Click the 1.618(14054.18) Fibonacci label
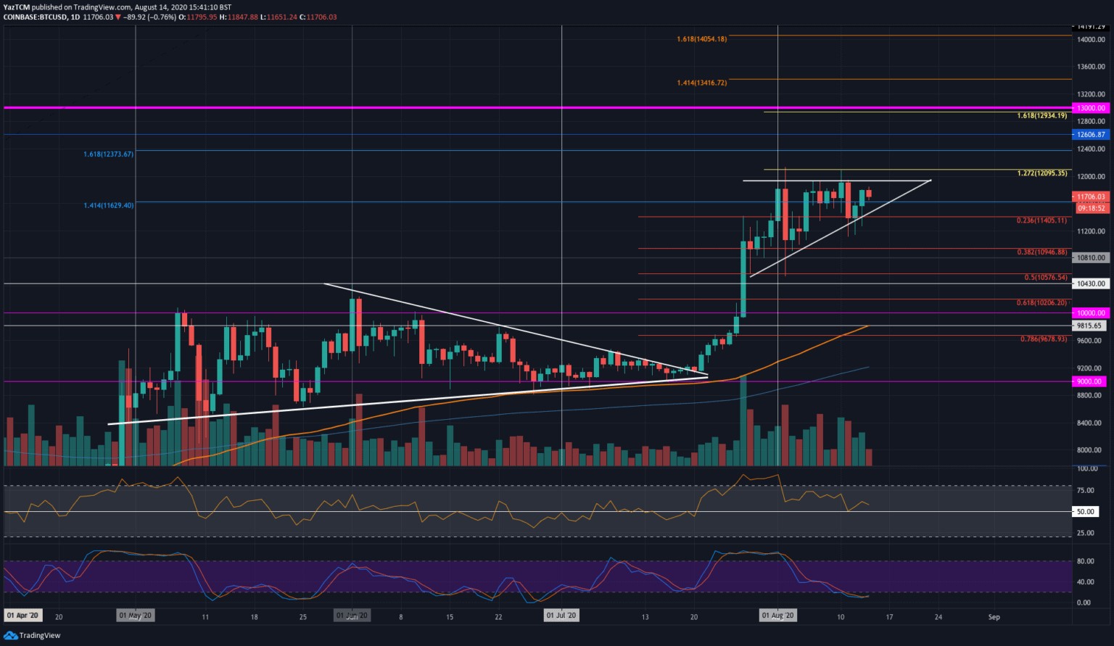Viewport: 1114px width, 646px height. point(701,39)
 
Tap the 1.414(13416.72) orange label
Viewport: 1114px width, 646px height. point(701,83)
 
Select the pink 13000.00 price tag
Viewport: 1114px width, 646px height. point(1091,108)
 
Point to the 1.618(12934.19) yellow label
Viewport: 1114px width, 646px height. point(1041,116)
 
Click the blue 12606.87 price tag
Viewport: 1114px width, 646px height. point(1091,135)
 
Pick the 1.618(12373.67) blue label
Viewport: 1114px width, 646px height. point(108,154)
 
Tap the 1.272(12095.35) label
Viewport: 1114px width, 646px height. point(1042,174)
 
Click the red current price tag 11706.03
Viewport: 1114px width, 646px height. point(1091,196)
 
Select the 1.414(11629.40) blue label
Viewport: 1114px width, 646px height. point(108,206)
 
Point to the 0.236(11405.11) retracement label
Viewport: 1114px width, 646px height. point(1041,220)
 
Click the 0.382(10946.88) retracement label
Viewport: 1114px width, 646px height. point(1041,252)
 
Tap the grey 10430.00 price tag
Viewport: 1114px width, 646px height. point(1091,284)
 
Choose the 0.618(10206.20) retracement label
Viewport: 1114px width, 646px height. point(1041,303)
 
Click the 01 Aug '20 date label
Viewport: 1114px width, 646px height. point(777,616)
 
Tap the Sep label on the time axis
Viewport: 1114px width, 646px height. point(994,617)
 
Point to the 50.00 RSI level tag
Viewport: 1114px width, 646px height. point(1085,512)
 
